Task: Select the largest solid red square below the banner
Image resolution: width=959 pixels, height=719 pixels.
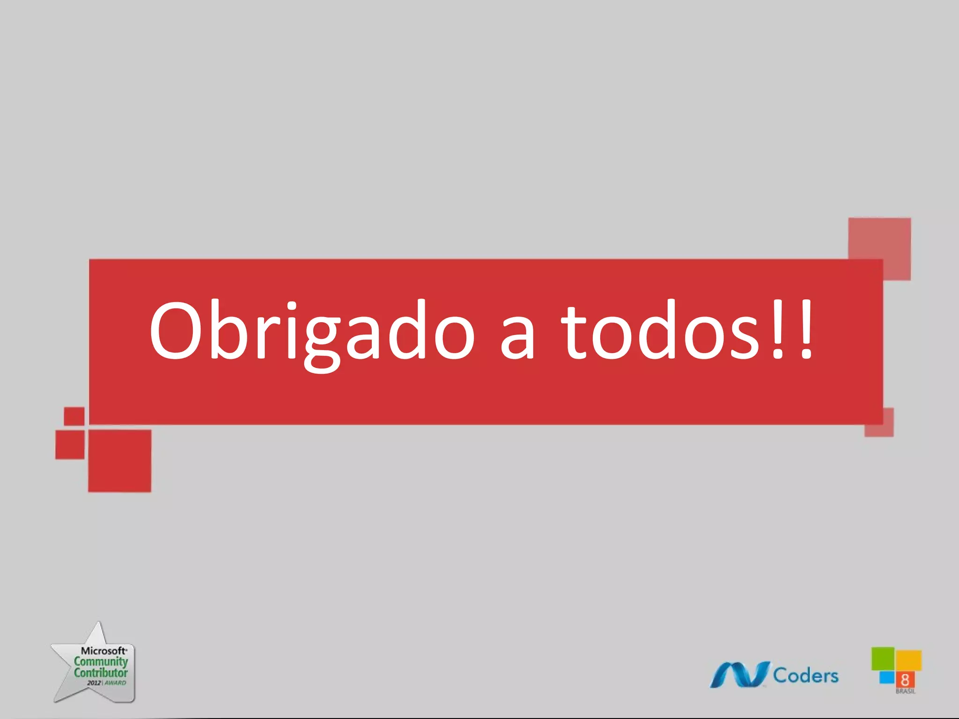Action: [120, 461]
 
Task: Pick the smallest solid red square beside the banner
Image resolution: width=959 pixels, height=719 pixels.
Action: [74, 416]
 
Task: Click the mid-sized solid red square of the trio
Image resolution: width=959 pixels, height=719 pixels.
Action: [70, 444]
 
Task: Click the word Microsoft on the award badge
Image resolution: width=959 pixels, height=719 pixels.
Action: [103, 651]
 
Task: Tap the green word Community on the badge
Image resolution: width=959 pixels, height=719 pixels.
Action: [101, 661]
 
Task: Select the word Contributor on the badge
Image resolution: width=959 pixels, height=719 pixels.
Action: [101, 673]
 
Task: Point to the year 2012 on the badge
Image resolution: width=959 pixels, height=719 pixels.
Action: [94, 683]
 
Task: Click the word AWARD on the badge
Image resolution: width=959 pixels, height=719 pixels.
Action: [115, 683]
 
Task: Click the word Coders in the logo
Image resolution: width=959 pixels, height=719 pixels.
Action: [805, 675]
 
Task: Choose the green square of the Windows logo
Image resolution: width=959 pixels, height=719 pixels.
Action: [883, 658]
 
